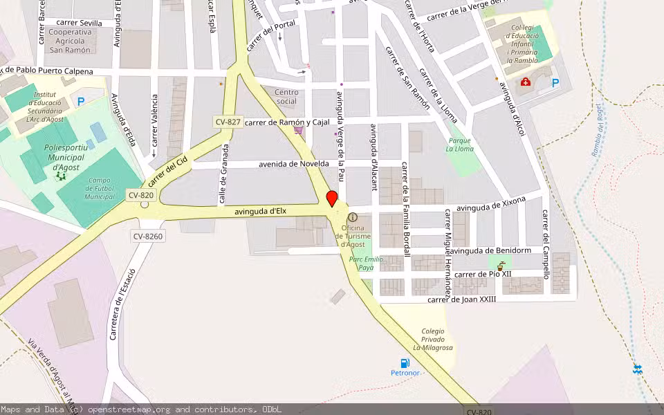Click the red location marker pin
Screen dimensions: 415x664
click(332, 199)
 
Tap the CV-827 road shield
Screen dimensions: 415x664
click(228, 122)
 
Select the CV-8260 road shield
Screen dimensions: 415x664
click(148, 237)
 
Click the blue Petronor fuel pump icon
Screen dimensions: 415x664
click(405, 363)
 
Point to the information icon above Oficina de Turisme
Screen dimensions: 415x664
click(353, 217)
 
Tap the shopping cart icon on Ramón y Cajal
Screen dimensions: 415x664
click(298, 129)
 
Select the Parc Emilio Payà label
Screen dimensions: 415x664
click(366, 263)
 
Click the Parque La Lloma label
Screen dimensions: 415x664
click(459, 144)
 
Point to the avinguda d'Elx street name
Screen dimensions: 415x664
click(260, 211)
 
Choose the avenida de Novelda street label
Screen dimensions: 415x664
click(293, 164)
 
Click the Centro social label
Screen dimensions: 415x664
click(286, 97)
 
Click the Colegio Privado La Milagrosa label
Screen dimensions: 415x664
click(433, 339)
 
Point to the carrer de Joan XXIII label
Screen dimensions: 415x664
click(461, 299)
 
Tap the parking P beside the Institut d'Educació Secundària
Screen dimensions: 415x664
click(80, 102)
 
